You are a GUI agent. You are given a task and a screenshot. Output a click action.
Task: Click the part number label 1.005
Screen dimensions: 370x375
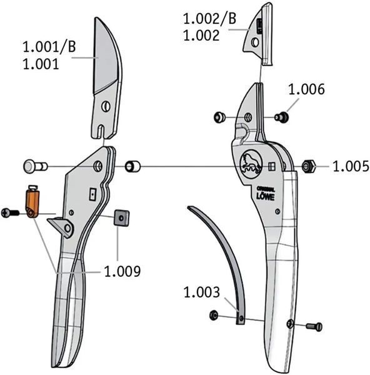coord(351,166)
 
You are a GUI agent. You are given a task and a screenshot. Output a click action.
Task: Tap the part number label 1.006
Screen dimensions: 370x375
coord(307,89)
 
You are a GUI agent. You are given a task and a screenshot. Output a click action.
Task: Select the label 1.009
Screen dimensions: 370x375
coord(122,271)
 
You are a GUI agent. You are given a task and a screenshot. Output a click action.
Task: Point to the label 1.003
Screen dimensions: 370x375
coord(201,292)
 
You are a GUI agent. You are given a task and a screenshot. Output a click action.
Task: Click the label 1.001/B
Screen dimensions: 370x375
coord(49,47)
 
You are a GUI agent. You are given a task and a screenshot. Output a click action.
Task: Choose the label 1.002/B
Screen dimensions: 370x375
coord(209,19)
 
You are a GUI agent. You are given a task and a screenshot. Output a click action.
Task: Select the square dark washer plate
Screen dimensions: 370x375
coord(121,218)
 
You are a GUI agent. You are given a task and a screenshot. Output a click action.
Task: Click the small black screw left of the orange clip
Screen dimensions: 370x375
coord(10,212)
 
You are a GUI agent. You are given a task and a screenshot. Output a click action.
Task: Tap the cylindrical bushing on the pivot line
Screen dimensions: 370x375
coord(132,166)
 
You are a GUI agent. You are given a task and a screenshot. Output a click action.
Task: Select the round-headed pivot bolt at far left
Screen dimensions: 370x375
coord(36,166)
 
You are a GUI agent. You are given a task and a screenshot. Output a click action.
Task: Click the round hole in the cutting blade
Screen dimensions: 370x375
coord(106,106)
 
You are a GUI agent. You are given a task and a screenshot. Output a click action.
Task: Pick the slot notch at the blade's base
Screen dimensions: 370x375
coord(102,131)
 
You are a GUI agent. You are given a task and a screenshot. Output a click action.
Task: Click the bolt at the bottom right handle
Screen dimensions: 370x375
coord(314,326)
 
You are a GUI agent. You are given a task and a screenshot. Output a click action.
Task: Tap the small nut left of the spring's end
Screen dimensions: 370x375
coord(214,315)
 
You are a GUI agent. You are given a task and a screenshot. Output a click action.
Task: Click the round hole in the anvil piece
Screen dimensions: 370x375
coord(255,42)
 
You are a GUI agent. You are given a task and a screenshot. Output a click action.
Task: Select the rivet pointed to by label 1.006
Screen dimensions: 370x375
coord(281,117)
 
